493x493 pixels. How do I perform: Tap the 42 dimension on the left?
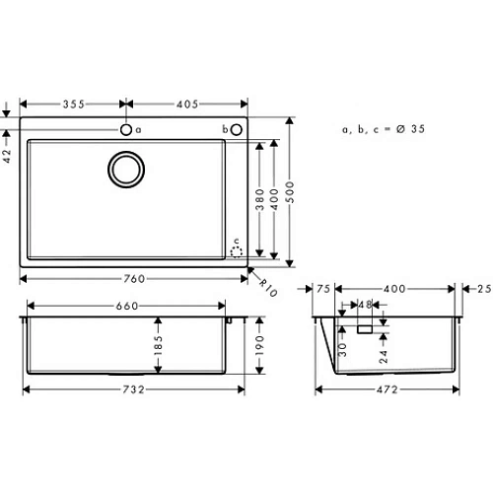[8, 156]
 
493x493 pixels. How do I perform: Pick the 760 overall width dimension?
[135, 279]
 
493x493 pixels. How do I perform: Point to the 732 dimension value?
[135, 390]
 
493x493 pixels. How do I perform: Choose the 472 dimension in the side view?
[391, 390]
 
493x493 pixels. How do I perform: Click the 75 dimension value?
[323, 289]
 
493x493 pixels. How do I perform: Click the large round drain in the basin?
[125, 169]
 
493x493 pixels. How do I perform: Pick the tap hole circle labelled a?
[125, 129]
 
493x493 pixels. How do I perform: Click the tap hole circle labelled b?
[237, 129]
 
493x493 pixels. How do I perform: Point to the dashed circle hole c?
[236, 251]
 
